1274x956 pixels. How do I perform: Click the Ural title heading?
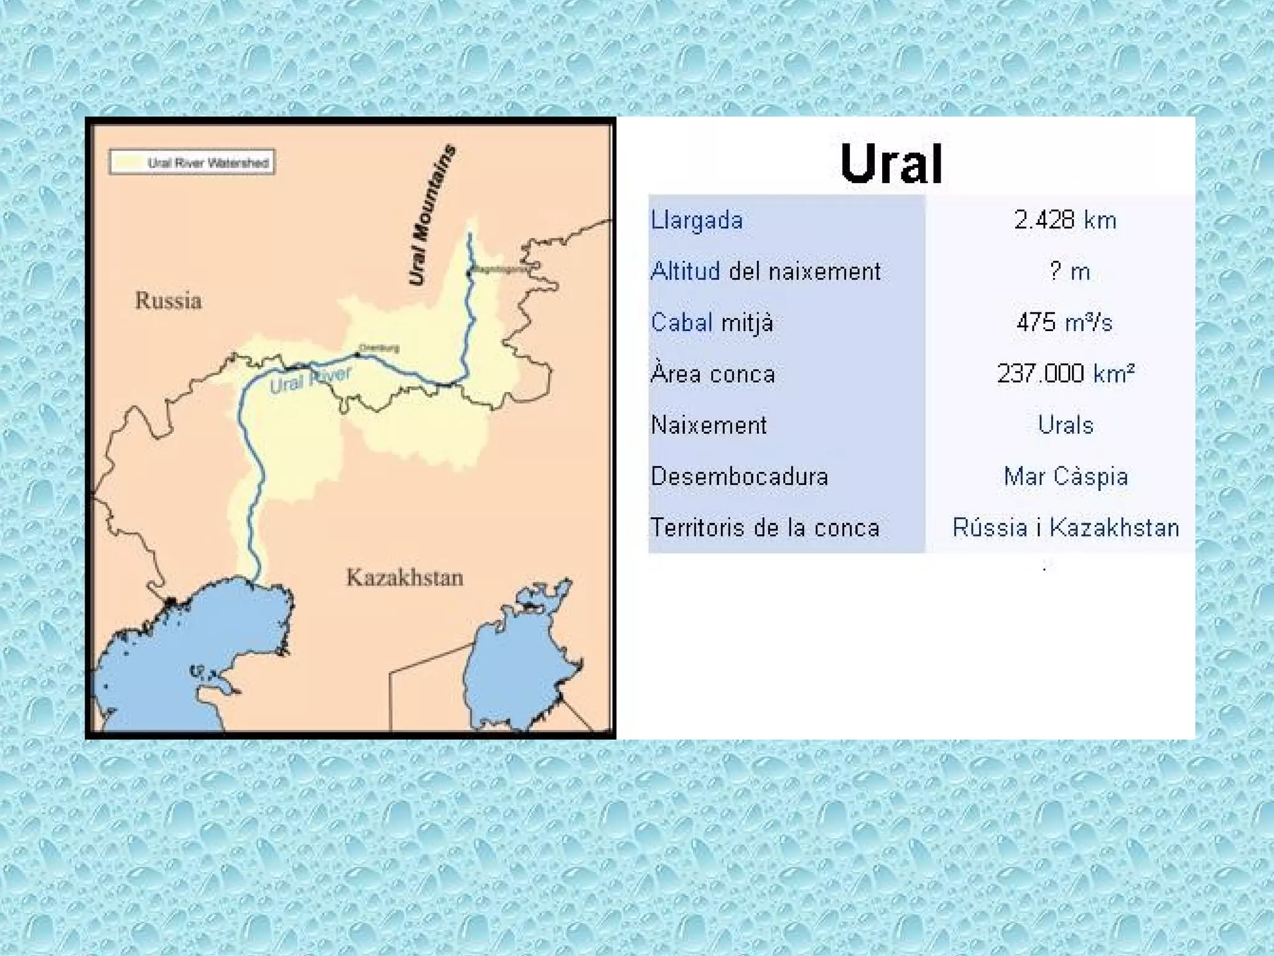coord(891,164)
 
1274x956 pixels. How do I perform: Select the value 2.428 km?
coord(1065,220)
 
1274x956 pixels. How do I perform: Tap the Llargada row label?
coord(697,220)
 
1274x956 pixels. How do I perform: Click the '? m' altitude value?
coord(1069,271)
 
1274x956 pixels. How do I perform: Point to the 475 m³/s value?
coord(1064,322)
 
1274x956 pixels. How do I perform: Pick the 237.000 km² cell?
coord(1066,373)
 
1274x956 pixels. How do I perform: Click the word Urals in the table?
coord(1066,425)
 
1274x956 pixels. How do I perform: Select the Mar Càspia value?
coord(1066,477)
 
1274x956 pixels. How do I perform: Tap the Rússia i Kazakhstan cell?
coord(1066,528)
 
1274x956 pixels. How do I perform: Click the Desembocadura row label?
coord(740,477)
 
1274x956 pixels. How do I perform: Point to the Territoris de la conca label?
coord(765,528)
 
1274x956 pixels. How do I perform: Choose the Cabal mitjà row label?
coord(712,322)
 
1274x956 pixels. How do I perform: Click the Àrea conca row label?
coord(713,373)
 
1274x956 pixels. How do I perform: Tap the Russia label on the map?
coord(169,301)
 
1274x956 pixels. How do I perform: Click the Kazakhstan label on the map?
coord(405,578)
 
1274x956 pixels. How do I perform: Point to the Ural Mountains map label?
coord(432,215)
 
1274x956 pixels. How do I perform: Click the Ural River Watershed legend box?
coord(192,162)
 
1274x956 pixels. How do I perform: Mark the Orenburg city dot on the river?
coord(357,355)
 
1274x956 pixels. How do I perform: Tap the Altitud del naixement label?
coord(765,271)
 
